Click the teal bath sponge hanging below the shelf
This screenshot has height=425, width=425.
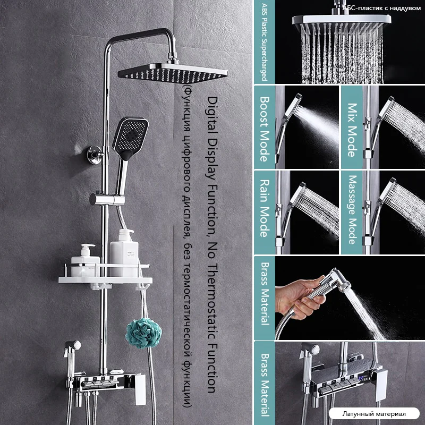pyautogui.click(x=143, y=333)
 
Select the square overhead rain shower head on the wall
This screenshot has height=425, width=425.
pyautogui.click(x=173, y=73)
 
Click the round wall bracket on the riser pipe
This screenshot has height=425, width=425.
pyautogui.click(x=95, y=155)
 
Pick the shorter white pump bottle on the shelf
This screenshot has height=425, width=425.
pyautogui.click(x=85, y=260)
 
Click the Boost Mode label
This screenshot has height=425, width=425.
pyautogui.click(x=265, y=129)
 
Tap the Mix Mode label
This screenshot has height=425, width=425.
pyautogui.click(x=352, y=130)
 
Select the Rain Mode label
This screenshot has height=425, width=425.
pyautogui.click(x=265, y=208)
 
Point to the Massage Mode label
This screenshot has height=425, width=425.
pyautogui.click(x=352, y=209)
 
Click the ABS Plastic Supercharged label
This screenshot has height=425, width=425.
pyautogui.click(x=264, y=42)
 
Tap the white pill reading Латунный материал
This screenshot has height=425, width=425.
pyautogui.click(x=374, y=414)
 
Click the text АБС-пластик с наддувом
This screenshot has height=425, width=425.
pyautogui.click(x=381, y=8)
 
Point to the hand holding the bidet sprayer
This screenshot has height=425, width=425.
pyautogui.click(x=299, y=297)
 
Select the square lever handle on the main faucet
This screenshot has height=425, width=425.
pyautogui.click(x=140, y=390)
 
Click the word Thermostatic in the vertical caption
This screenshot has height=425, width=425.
pyautogui.click(x=212, y=301)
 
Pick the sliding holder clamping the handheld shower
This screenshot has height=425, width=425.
pyautogui.click(x=107, y=200)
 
